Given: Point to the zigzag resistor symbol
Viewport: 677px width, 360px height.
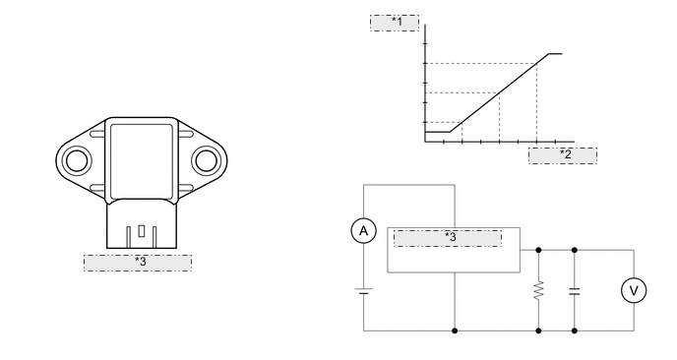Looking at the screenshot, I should pyautogui.click(x=539, y=290).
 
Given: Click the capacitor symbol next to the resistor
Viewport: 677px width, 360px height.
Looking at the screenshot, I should pyautogui.click(x=575, y=290).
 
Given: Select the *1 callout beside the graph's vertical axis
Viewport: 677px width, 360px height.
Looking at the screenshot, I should pyautogui.click(x=395, y=23).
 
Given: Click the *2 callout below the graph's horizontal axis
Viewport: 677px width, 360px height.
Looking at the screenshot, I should pyautogui.click(x=563, y=154).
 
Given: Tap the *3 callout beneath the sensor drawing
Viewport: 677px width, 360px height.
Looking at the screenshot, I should pyautogui.click(x=138, y=263).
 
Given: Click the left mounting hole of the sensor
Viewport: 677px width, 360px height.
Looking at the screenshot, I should pyautogui.click(x=75, y=159).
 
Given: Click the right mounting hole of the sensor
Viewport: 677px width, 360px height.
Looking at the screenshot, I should pyautogui.click(x=205, y=159).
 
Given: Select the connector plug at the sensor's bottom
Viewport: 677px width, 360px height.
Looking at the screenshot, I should pyautogui.click(x=140, y=228).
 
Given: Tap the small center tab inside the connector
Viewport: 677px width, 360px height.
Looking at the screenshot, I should pyautogui.click(x=142, y=233).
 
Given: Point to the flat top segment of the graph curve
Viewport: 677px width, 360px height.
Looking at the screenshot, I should pyautogui.click(x=554, y=54).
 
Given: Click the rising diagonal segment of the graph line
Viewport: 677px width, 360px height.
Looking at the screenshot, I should pyautogui.click(x=497, y=94).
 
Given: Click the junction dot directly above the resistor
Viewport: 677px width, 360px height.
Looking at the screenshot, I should pyautogui.click(x=539, y=250).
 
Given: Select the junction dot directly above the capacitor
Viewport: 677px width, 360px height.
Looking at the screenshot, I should pyautogui.click(x=575, y=250).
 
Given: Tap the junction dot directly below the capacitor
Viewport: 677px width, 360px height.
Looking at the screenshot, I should pyautogui.click(x=575, y=330).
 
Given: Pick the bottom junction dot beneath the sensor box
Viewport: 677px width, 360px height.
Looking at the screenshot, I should pyautogui.click(x=454, y=330).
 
